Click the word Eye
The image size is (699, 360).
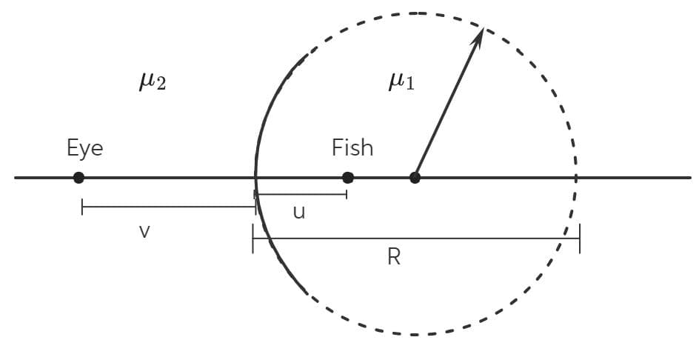pyautogui.click(x=84, y=147)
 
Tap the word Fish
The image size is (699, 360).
pyautogui.click(x=352, y=147)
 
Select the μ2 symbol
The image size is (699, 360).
pyautogui.click(x=153, y=81)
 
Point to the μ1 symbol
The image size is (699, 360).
pyautogui.click(x=401, y=81)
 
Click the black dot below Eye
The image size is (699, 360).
pyautogui.click(x=79, y=178)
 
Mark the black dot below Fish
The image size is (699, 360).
pyautogui.click(x=348, y=178)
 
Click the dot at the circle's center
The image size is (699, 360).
pyautogui.click(x=415, y=178)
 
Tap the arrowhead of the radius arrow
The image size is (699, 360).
pyautogui.click(x=478, y=36)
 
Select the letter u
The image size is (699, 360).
pyautogui.click(x=299, y=213)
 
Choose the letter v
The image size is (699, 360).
pyautogui.click(x=144, y=232)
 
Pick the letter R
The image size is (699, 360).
pyautogui.click(x=394, y=257)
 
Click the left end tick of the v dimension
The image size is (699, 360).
pyautogui.click(x=82, y=207)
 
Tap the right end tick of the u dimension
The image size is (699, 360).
pyautogui.click(x=347, y=194)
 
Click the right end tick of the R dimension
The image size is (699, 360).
pyautogui.click(x=580, y=239)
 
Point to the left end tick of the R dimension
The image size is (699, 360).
pyautogui.click(x=252, y=239)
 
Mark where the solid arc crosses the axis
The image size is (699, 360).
pyautogui.click(x=255, y=178)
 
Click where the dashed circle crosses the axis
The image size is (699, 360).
pyautogui.click(x=575, y=178)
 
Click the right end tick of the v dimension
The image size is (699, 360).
pyautogui.click(x=255, y=207)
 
